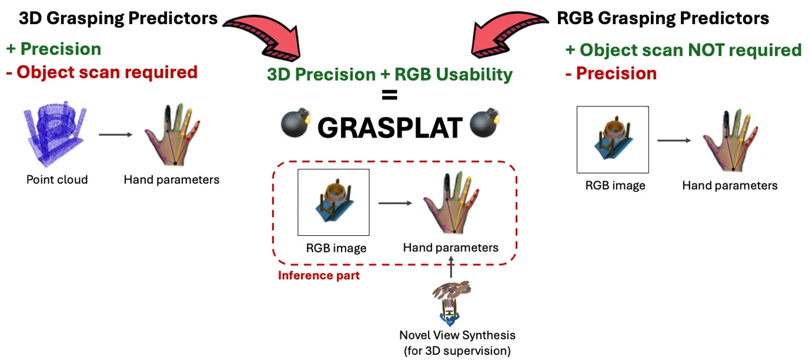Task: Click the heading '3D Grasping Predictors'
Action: click(118, 18)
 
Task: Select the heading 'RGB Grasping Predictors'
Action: click(663, 18)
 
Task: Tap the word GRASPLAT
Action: click(390, 127)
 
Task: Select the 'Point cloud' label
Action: click(57, 179)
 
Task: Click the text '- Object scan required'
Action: click(102, 72)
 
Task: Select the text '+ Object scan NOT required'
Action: click(683, 50)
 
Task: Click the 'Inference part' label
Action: click(319, 275)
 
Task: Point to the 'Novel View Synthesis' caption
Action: click(457, 335)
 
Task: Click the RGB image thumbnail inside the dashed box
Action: click(333, 202)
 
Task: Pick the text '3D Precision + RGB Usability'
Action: click(389, 75)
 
